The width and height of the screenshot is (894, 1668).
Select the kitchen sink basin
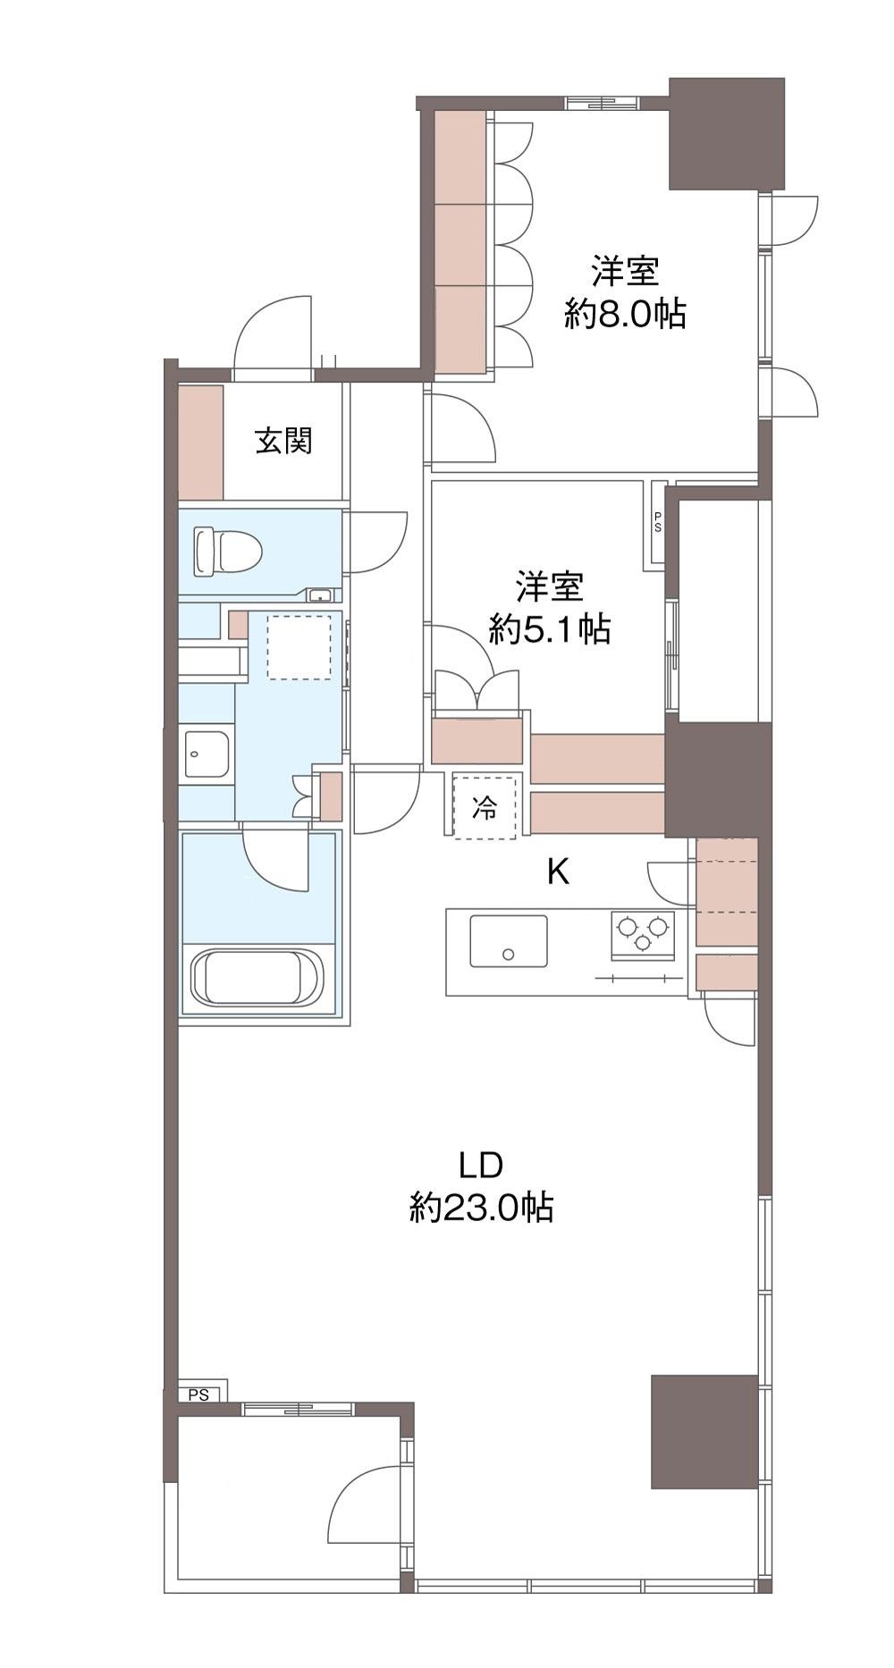(509, 940)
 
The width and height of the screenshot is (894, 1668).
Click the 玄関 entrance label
(283, 441)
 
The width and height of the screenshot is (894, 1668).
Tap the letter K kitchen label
(558, 872)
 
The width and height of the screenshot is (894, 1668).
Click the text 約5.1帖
(549, 630)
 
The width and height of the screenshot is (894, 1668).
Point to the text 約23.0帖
(481, 1209)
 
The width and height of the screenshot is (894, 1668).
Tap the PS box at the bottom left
(202, 1394)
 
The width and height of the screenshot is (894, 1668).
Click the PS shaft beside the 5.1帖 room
(657, 522)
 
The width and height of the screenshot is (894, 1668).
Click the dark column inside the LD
(704, 1431)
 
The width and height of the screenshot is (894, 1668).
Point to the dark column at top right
(727, 134)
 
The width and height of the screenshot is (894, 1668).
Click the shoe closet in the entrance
(200, 442)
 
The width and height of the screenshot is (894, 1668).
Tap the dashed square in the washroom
(299, 647)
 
